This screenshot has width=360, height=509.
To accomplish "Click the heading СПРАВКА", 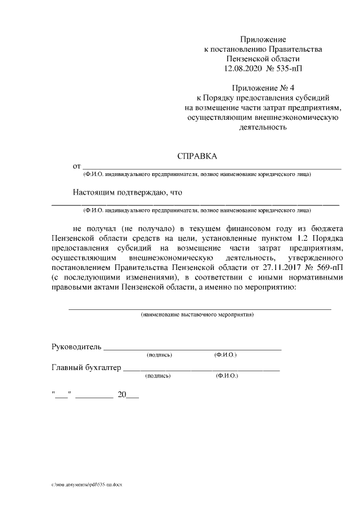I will click(x=196, y=156).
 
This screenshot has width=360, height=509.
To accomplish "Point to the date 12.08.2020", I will click(x=244, y=68).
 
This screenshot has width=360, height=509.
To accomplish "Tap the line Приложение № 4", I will click(x=263, y=88).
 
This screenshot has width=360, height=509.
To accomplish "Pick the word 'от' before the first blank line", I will click(x=77, y=166).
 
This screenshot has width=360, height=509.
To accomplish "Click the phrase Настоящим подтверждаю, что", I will click(x=128, y=192).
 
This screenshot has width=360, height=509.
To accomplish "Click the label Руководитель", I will click(x=75, y=345).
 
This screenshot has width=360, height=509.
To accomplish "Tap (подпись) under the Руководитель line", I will click(x=159, y=355).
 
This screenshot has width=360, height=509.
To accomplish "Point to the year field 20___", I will click(x=128, y=395).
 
